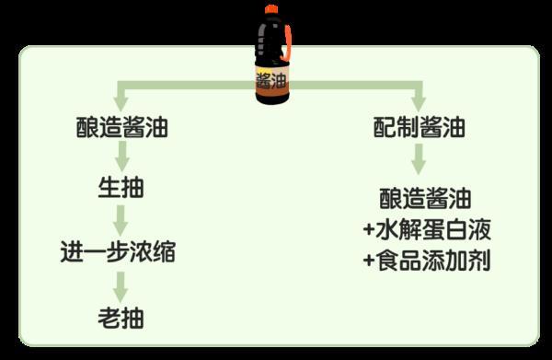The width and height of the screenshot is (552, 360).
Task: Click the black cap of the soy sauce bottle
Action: click(x=270, y=11)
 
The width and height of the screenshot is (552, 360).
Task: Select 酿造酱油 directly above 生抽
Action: click(x=121, y=128)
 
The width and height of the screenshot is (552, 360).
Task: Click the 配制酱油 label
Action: click(x=419, y=128)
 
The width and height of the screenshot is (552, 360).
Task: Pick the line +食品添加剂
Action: click(x=424, y=261)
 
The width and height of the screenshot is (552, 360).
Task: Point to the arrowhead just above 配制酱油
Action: click(x=419, y=102)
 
